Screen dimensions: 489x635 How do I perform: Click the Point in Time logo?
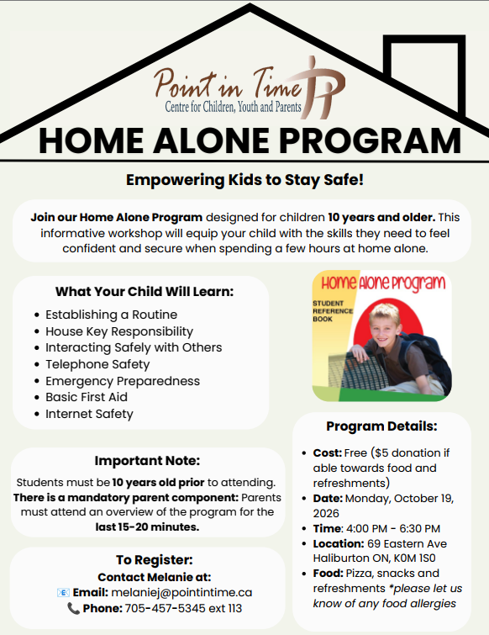click(250, 88)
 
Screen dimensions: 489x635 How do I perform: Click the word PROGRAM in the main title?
click(370, 140)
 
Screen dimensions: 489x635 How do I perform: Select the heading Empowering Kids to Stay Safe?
click(244, 180)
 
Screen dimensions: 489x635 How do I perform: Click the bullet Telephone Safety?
click(97, 364)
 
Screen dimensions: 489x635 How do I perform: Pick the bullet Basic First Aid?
click(87, 397)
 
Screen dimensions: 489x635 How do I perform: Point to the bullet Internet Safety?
click(89, 414)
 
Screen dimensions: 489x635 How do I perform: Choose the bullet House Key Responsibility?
click(119, 331)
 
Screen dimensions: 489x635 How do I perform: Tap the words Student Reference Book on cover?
click(333, 311)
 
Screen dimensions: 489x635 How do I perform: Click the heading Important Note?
click(147, 460)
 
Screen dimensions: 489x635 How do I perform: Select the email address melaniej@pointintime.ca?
click(181, 592)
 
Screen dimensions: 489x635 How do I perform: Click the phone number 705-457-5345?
click(170, 608)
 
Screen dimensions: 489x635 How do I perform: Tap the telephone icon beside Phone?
click(73, 608)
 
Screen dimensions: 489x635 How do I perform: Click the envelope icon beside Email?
click(63, 592)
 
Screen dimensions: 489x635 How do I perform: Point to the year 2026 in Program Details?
click(326, 514)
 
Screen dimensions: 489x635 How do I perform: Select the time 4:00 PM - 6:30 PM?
click(393, 528)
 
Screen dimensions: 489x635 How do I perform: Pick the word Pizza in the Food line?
click(360, 574)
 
